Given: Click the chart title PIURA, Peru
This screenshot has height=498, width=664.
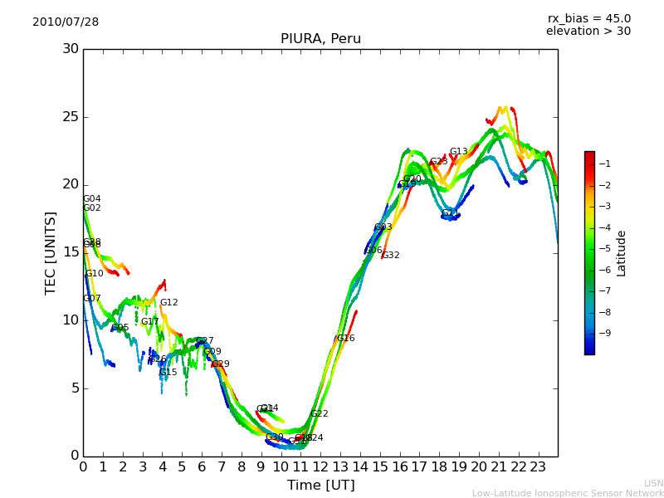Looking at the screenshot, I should coord(320,39).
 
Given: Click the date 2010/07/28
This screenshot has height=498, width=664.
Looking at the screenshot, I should coord(66,22).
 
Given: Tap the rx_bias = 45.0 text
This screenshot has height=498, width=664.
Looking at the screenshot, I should coord(588,18).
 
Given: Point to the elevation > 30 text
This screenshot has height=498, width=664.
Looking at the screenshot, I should coord(588,32).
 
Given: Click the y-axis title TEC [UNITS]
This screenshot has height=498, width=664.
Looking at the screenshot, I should coord(51,252).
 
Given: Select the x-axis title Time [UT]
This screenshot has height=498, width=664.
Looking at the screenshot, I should coord(320,486).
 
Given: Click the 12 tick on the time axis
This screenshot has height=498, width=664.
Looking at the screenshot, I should coord(320,466).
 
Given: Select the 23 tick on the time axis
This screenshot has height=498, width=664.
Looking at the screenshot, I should coord(538,466).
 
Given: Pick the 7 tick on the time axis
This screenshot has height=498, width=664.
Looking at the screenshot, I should coord(222,466).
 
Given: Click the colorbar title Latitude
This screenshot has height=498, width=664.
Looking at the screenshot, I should coord(622,252).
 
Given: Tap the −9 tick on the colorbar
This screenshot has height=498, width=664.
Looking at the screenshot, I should coord(605,333).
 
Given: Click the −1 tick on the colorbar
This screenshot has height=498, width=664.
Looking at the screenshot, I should coord(605,164).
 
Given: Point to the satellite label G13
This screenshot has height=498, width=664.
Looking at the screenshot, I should coord(459,152).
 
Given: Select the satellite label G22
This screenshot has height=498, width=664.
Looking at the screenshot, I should coord(320,414).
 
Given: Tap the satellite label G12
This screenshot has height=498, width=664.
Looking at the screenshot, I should coord(169,303).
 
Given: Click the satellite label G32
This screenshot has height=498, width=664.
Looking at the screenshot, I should coord(391,256).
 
